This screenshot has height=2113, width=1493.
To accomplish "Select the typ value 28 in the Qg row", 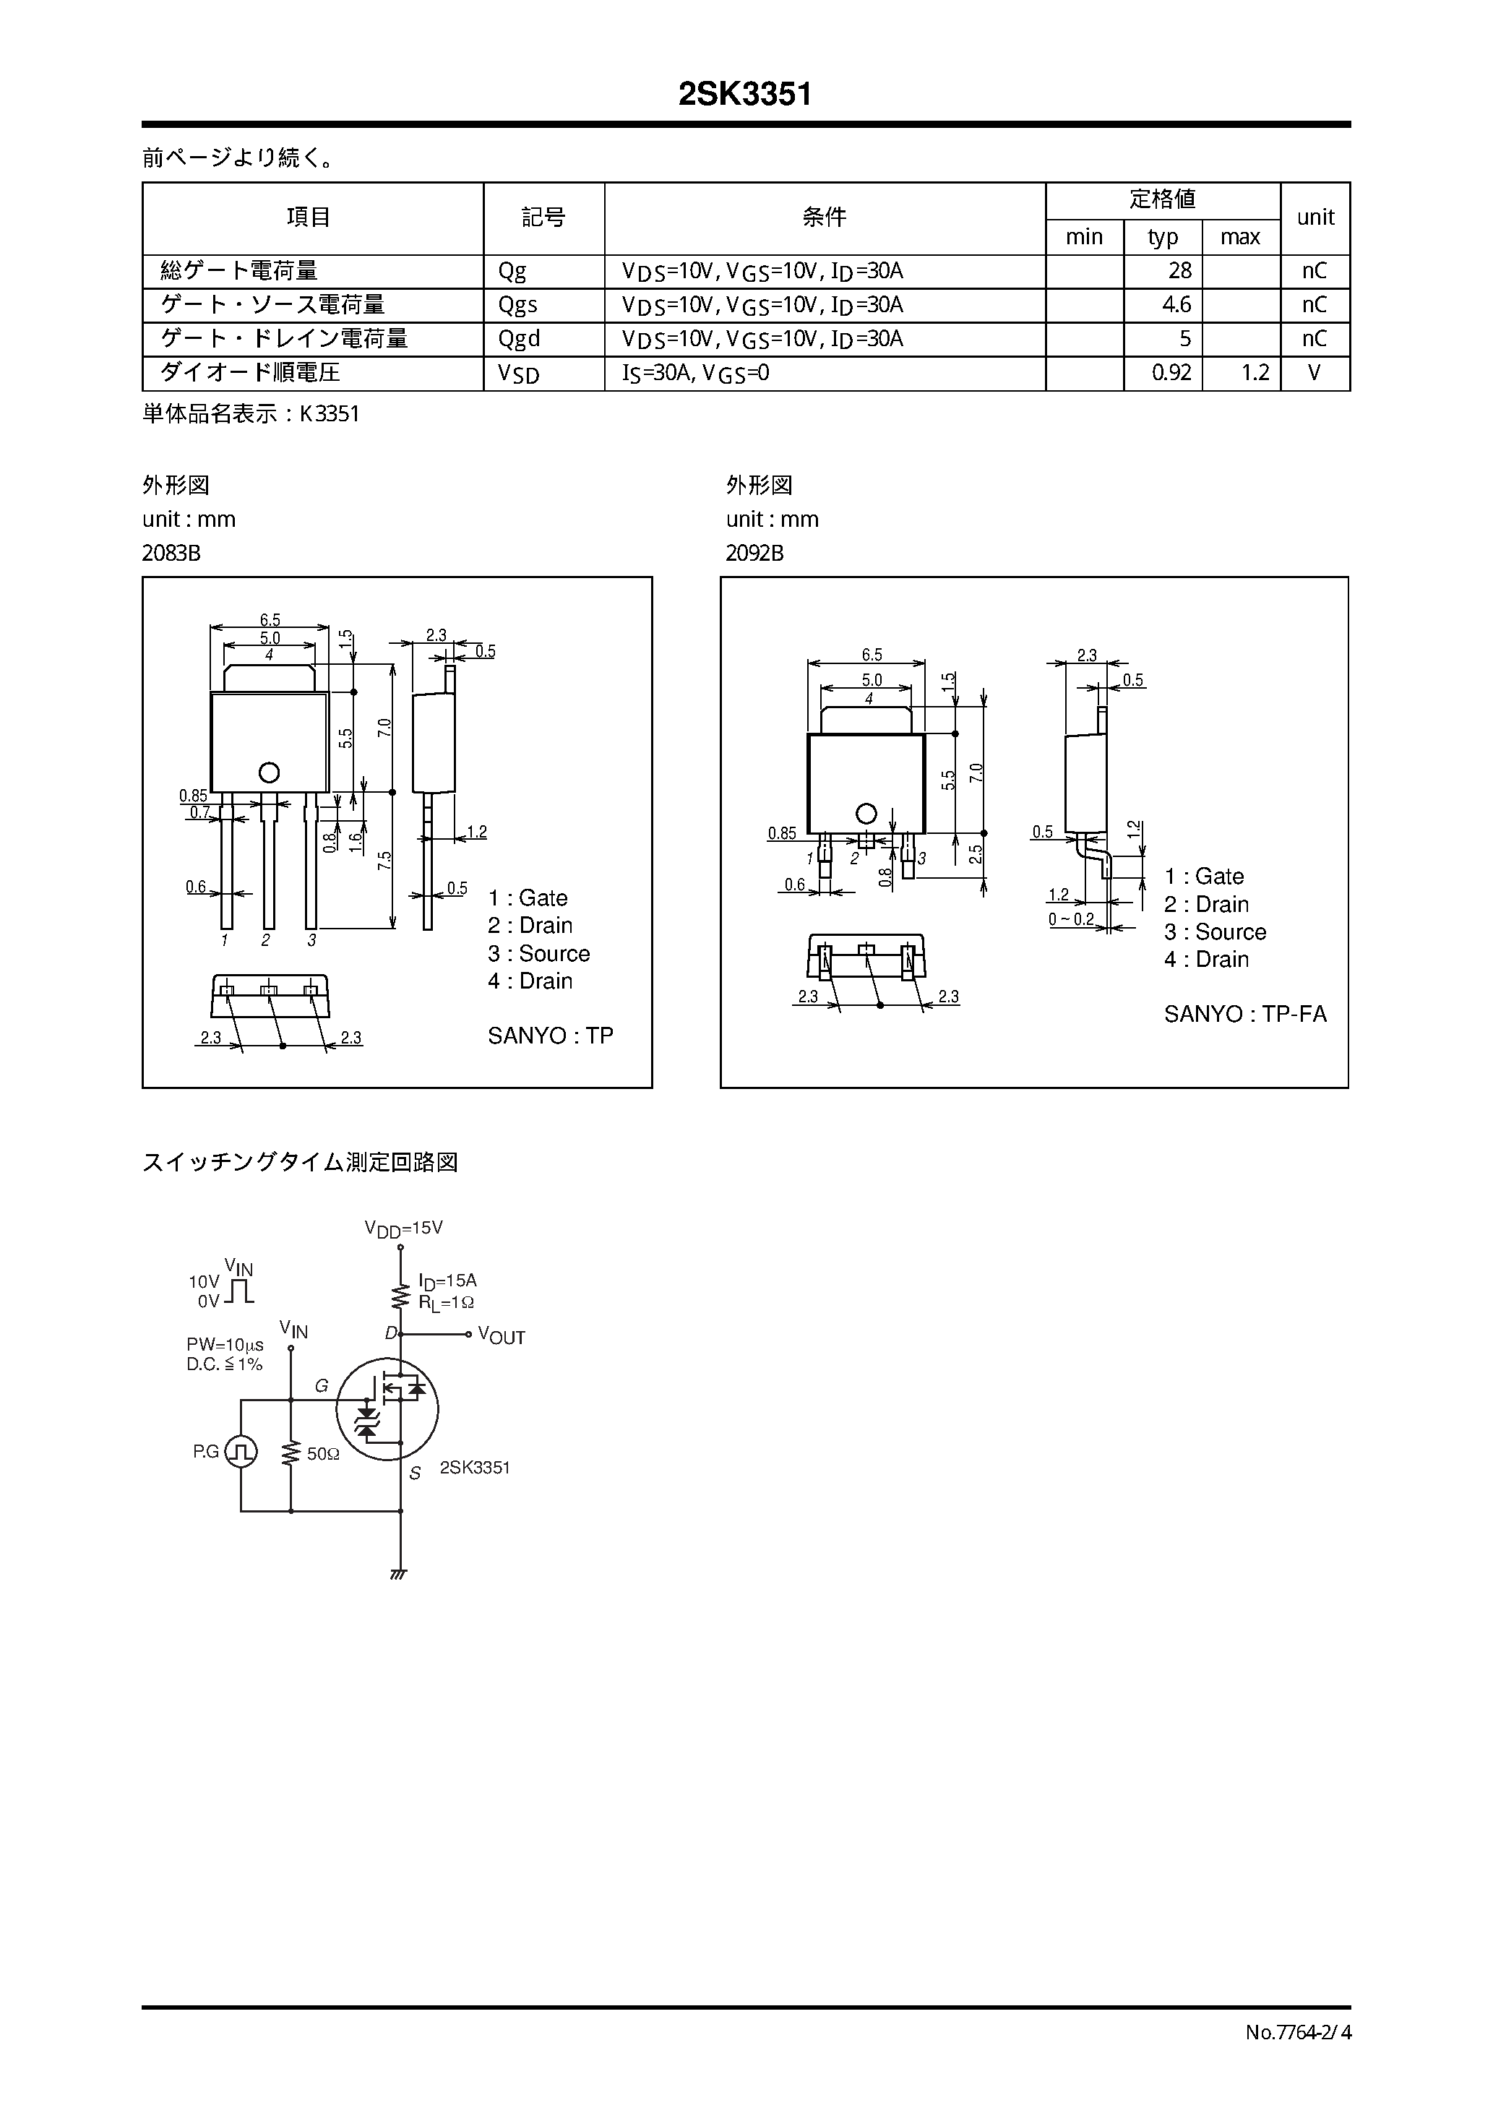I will [1179, 270].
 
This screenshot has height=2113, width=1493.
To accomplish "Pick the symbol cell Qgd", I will [519, 339].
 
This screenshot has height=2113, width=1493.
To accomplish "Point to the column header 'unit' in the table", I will [1315, 218].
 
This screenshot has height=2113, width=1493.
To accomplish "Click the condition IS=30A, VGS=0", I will [696, 373].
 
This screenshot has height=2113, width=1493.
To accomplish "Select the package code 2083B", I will [171, 553].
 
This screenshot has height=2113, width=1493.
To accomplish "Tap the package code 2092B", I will [754, 553].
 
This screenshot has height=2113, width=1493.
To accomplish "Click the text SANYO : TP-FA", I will [1244, 1014].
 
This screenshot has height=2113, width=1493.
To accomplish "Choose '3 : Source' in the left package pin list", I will [538, 953].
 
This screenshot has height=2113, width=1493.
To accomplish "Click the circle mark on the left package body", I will [269, 772].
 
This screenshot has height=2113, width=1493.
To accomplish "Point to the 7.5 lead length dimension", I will [384, 861].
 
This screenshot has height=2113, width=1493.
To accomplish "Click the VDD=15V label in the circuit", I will [403, 1228].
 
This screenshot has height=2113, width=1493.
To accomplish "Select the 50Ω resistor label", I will [323, 1455].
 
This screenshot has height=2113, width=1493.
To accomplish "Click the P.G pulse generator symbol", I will [241, 1453].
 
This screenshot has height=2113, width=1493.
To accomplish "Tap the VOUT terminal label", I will [501, 1336].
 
